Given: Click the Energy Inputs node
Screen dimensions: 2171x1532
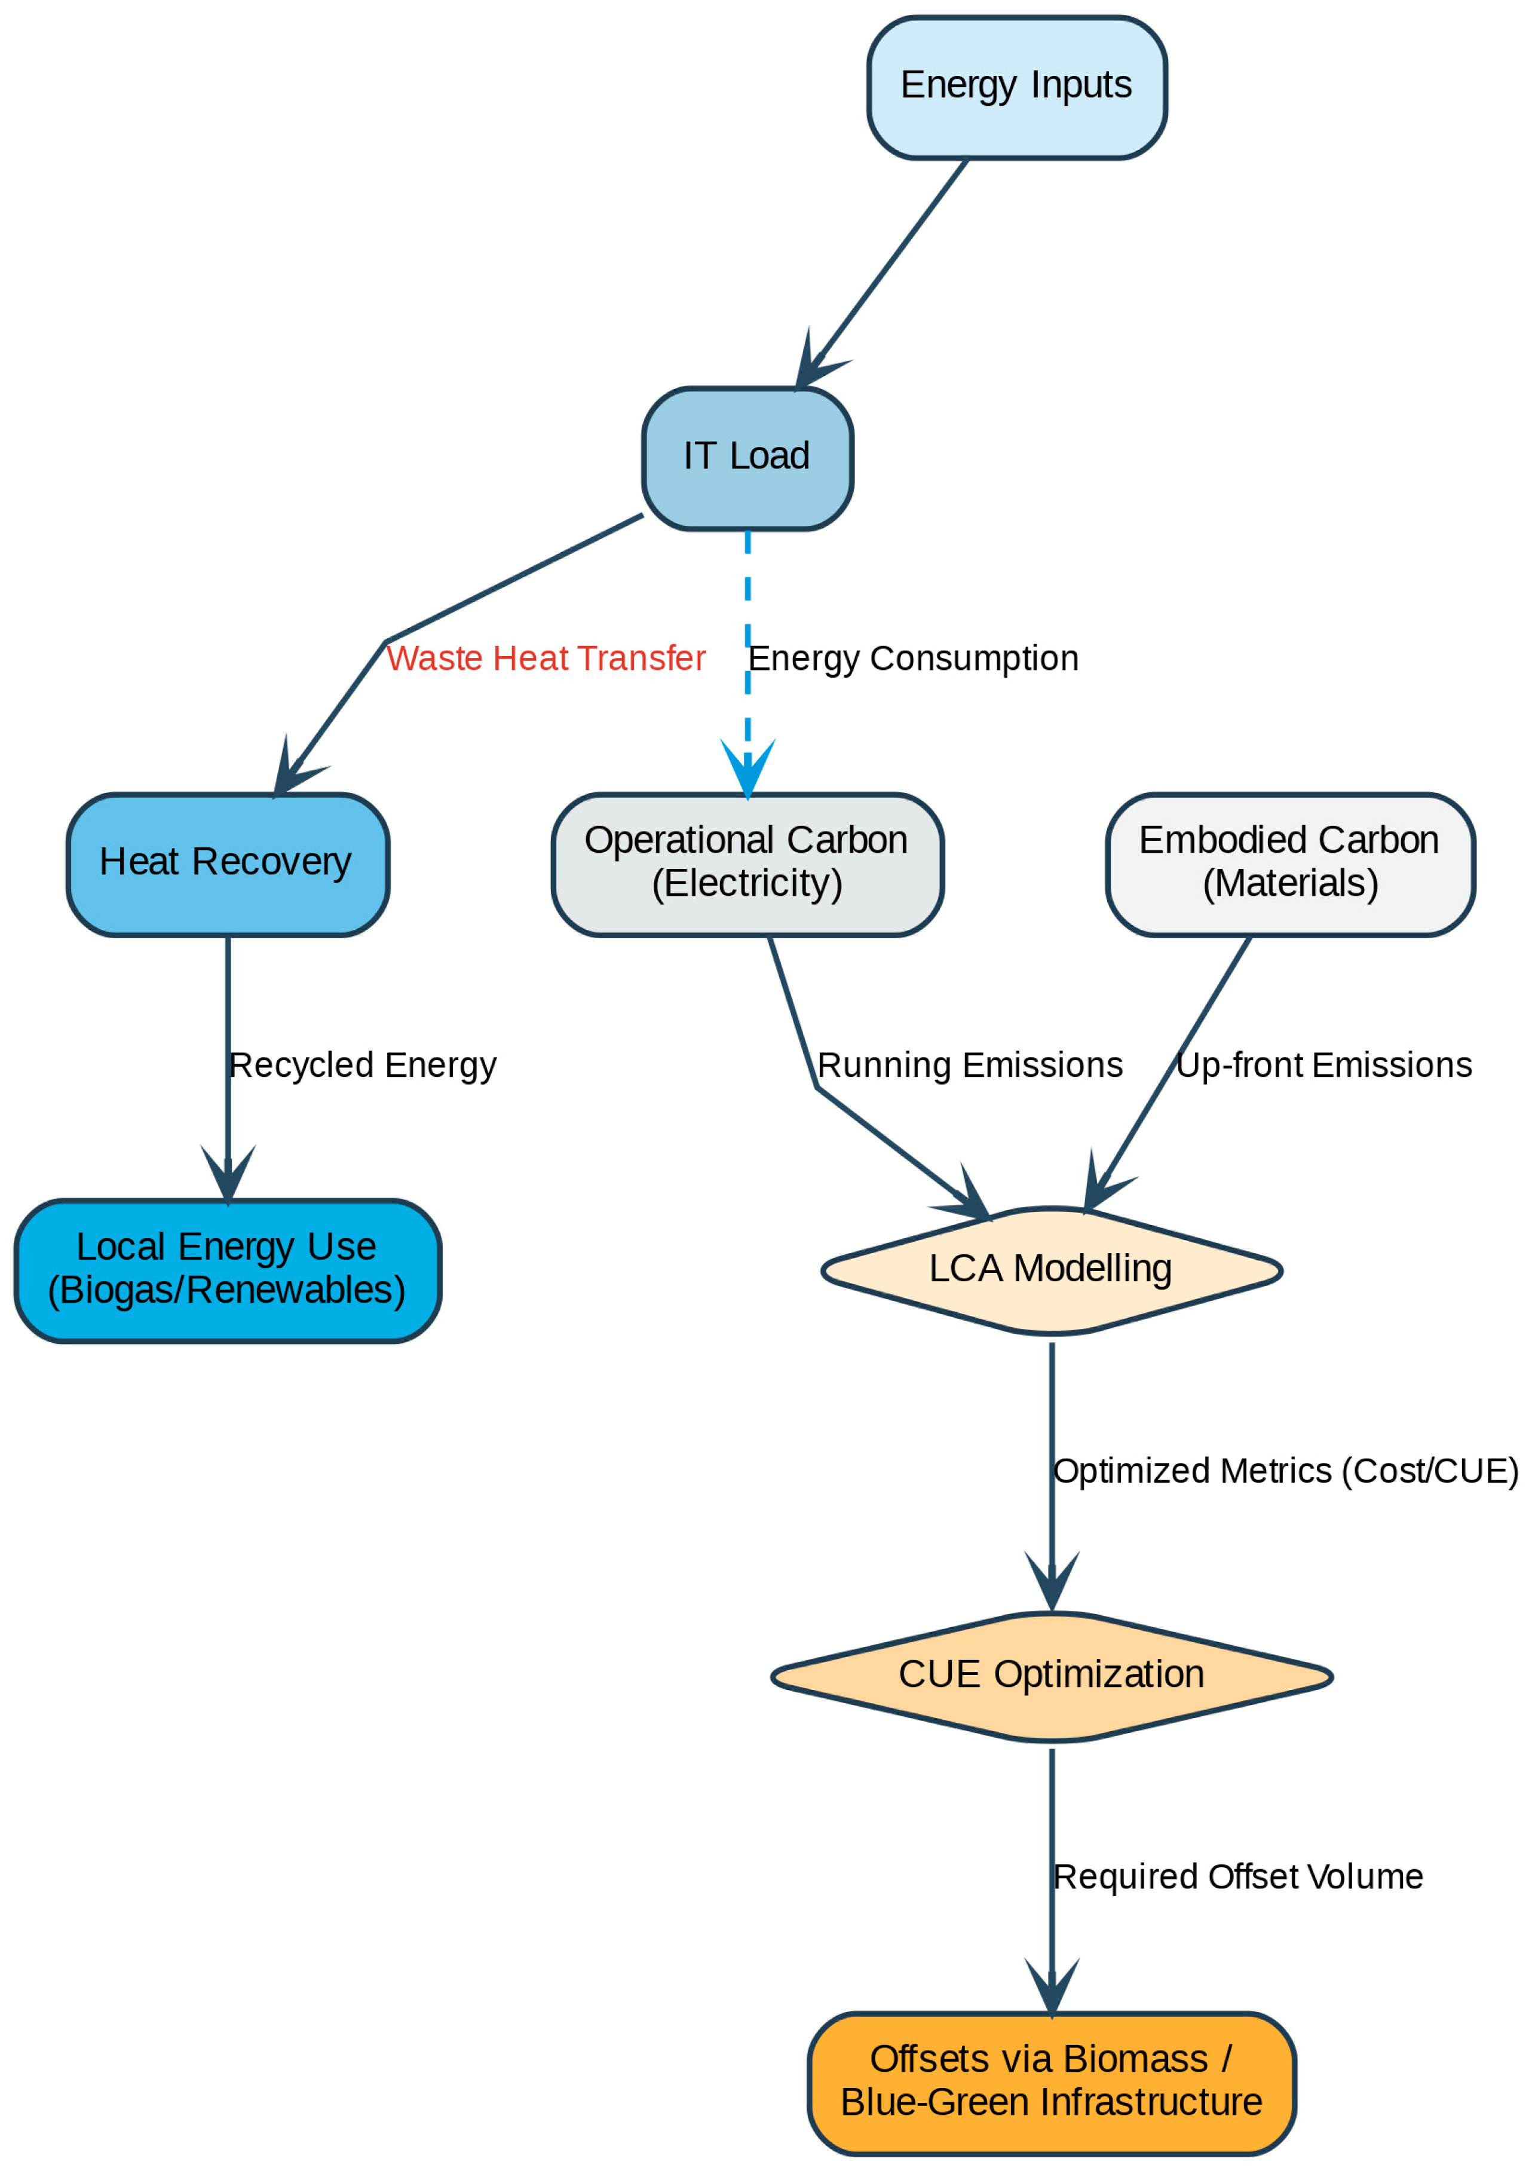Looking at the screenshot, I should (1016, 87).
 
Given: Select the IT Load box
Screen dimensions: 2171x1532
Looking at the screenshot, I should (747, 458).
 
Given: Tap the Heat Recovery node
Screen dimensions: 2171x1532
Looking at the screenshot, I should (228, 864).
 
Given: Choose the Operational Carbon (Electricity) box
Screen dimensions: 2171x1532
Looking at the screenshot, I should (747, 864).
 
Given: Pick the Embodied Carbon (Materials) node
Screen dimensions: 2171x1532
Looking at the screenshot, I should (1290, 864).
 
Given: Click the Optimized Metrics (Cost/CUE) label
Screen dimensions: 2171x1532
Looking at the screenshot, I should (1285, 1471).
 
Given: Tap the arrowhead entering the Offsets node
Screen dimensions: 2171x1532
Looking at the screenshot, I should (1052, 1984).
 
